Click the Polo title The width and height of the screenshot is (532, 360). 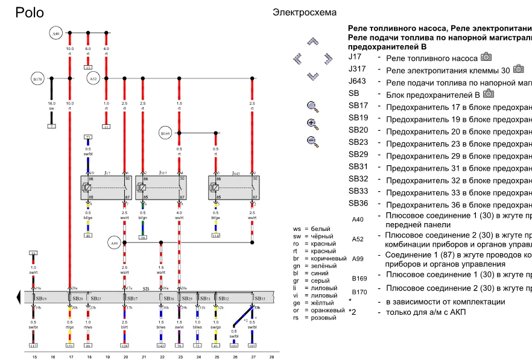[30, 13]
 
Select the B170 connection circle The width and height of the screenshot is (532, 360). [37, 78]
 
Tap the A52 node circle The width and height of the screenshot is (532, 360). [93, 78]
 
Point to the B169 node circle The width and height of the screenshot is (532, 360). [165, 133]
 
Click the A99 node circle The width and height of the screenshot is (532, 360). [115, 243]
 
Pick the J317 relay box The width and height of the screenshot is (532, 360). [161, 188]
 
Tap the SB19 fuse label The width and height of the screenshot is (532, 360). [41, 298]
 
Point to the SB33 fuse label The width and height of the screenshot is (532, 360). [260, 298]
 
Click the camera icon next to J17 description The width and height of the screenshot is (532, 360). [486, 57]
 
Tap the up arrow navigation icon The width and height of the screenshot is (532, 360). [312, 42]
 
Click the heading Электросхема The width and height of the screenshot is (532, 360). [305, 12]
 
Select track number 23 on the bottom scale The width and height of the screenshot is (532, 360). [180, 357]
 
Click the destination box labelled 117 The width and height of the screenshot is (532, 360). [33, 346]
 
